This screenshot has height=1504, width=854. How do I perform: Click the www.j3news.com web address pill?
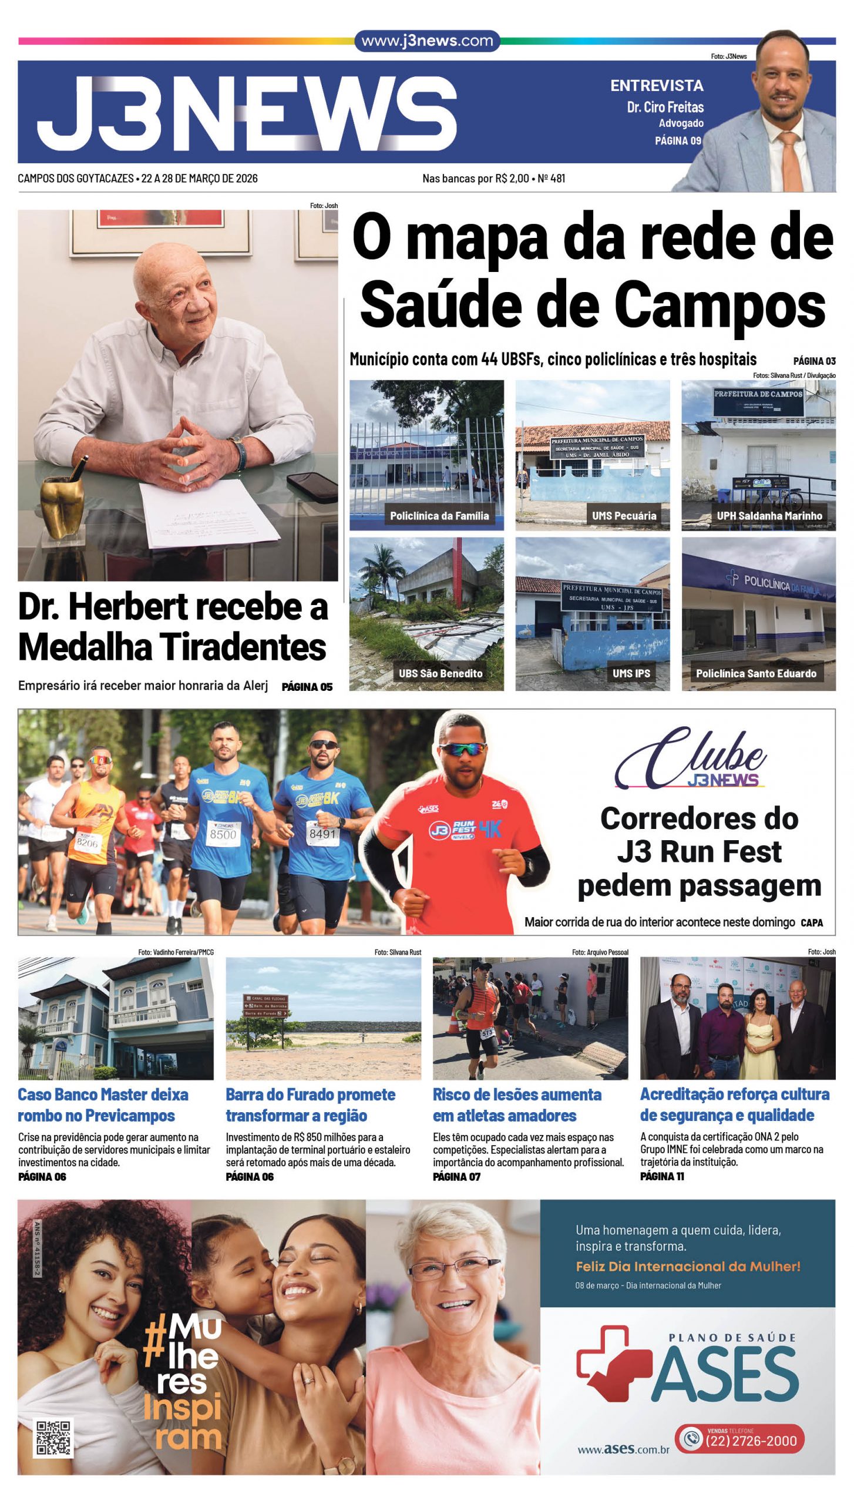tap(427, 41)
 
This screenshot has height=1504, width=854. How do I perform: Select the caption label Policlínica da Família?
tap(439, 516)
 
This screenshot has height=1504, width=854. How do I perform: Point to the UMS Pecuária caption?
tap(624, 516)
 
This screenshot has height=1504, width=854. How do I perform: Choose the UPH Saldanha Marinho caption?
tap(769, 516)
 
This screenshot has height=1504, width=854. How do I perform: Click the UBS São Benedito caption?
tap(441, 673)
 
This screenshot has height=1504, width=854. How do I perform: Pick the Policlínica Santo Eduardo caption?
tap(756, 673)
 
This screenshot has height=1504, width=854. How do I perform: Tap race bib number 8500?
tap(223, 834)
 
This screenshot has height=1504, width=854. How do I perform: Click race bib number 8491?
tap(322, 833)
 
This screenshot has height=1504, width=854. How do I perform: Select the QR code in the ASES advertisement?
tap(54, 1438)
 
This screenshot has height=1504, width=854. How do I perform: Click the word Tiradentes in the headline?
tap(244, 647)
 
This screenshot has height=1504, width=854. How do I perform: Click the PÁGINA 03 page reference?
tap(814, 361)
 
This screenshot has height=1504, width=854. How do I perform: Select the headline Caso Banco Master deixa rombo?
tap(103, 1104)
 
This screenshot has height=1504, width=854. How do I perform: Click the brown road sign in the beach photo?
tap(265, 1006)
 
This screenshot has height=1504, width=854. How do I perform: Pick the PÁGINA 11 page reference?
tap(662, 1176)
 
